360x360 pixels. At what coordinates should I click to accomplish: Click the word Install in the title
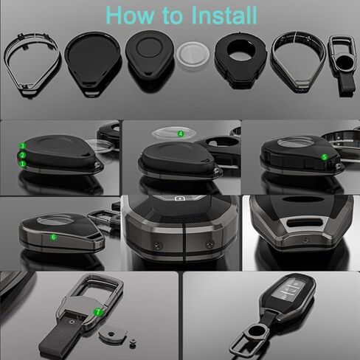point(224,15)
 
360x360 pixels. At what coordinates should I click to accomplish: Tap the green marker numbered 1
point(23,164)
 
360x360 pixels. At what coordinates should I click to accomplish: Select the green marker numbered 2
point(23,155)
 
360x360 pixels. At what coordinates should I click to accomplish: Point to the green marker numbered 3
point(23,146)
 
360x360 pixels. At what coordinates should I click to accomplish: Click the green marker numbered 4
point(181,134)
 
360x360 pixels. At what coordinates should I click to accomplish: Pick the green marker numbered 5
point(325,157)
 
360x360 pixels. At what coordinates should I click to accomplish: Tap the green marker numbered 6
point(53,237)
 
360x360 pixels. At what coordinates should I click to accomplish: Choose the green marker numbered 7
point(97,312)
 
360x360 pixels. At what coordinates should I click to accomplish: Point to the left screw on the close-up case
point(157,245)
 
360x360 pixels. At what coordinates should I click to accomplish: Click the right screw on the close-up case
point(209,244)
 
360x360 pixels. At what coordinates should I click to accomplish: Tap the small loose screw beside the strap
point(133,343)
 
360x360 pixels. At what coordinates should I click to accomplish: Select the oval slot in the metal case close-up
point(305,223)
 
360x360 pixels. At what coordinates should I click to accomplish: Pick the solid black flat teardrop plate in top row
point(92,63)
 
